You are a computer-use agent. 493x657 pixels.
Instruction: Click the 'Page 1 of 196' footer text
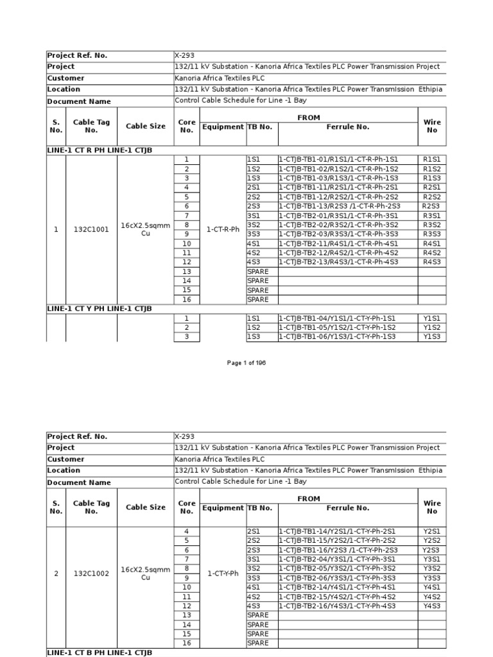tap(246, 363)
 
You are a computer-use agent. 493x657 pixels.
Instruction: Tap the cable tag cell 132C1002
tap(91, 573)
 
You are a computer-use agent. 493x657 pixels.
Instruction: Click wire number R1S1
tap(431, 159)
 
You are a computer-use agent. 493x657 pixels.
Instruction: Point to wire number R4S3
tap(431, 262)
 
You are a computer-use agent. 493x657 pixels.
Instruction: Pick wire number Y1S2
tap(431, 327)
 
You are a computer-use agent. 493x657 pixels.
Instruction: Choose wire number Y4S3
tap(431, 606)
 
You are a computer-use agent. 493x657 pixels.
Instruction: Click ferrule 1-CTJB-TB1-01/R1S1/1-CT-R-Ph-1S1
tap(338, 159)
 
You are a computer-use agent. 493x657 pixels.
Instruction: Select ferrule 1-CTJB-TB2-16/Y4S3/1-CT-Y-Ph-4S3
tap(338, 606)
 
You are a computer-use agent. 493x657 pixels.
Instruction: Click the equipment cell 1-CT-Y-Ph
tap(223, 573)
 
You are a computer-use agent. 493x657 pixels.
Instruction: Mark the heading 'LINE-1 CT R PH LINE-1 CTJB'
tap(99, 150)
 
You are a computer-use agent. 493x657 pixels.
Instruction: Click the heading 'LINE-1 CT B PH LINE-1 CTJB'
tap(99, 653)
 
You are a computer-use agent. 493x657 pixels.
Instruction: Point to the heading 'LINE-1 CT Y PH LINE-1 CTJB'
tap(99, 309)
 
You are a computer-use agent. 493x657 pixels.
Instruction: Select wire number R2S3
tap(431, 206)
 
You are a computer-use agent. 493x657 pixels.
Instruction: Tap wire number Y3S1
tap(431, 559)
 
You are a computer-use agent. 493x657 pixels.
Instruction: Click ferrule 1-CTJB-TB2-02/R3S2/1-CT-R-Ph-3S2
tap(338, 225)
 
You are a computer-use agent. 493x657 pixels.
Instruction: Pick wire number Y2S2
tap(431, 540)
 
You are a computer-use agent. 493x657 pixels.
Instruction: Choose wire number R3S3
tap(431, 234)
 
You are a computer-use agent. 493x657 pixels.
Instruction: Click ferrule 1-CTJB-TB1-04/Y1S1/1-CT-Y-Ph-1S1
tap(338, 318)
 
